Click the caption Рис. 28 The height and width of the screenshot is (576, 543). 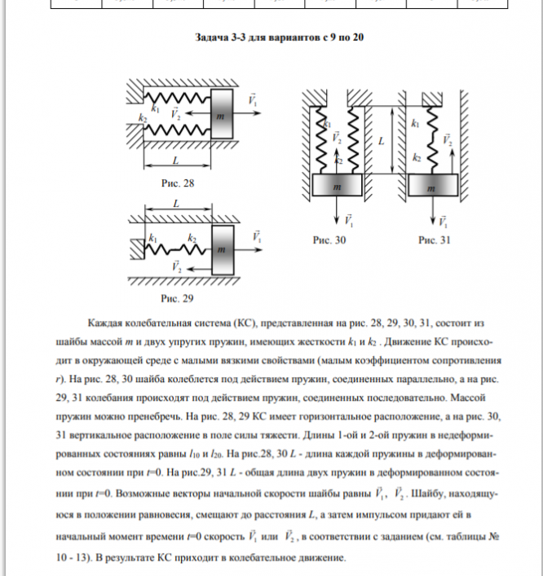pyautogui.click(x=178, y=183)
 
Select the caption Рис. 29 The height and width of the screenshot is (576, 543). pyautogui.click(x=178, y=299)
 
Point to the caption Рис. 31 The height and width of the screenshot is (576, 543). pyautogui.click(x=434, y=241)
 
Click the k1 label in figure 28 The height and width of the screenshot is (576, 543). pyautogui.click(x=155, y=108)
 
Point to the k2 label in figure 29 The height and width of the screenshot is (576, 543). pyautogui.click(x=192, y=237)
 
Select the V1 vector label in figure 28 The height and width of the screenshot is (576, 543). pyautogui.click(x=254, y=102)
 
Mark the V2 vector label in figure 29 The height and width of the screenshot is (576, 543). pyautogui.click(x=177, y=266)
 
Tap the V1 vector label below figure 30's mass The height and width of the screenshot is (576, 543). pyautogui.click(x=349, y=220)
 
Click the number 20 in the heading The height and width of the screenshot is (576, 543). pyautogui.click(x=347, y=37)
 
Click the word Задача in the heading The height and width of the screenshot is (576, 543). pyautogui.click(x=214, y=37)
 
